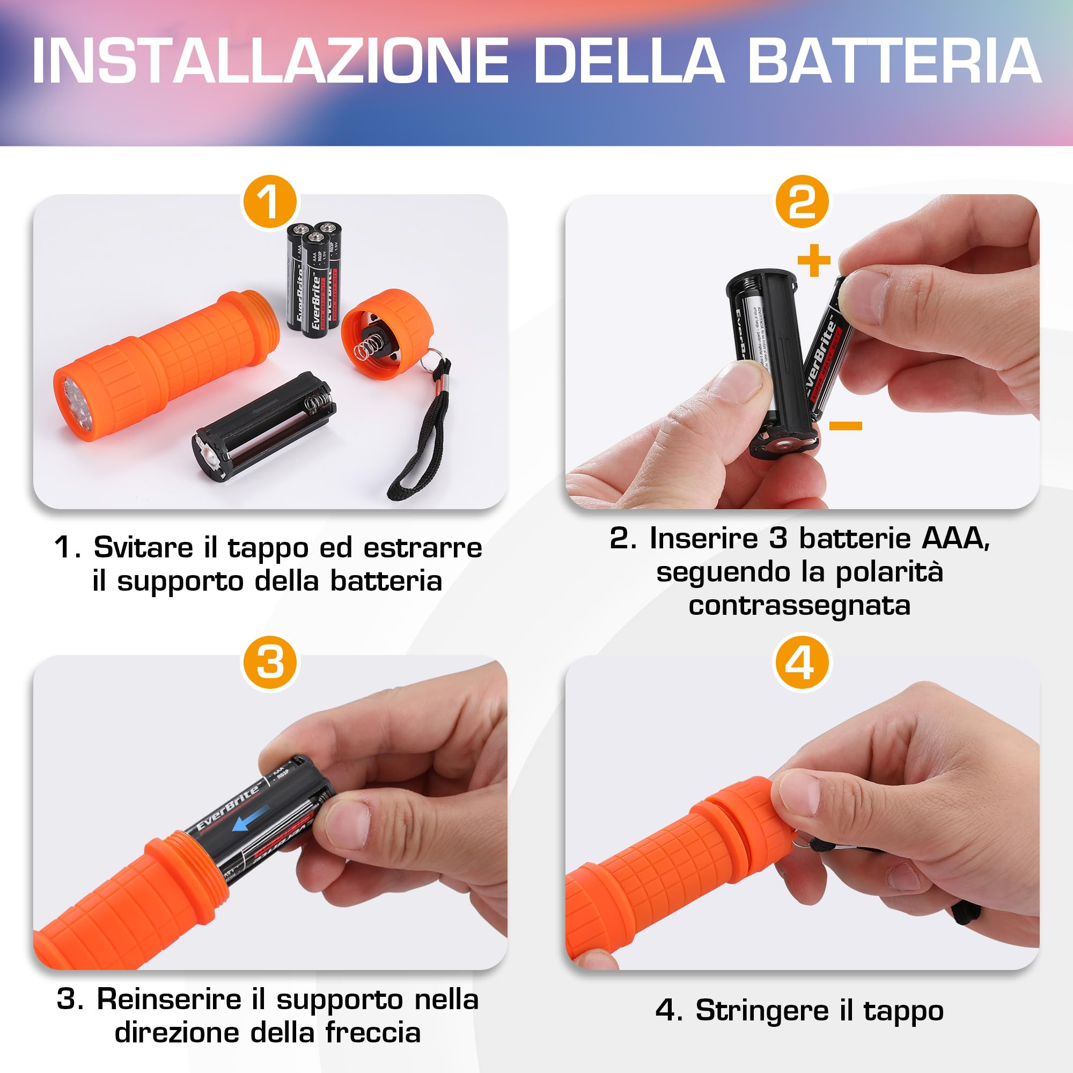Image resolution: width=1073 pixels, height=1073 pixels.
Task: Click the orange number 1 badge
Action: point(270,202)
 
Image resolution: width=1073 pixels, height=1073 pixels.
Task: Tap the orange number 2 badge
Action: point(802,202)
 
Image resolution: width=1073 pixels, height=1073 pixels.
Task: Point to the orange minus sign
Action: point(846,426)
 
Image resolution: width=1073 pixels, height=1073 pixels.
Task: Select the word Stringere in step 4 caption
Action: point(766,1010)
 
